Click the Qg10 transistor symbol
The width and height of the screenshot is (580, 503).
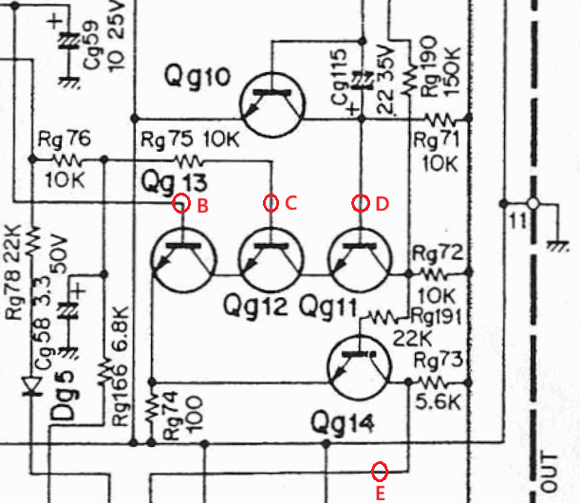point(272,105)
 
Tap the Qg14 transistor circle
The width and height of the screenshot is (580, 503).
point(359,367)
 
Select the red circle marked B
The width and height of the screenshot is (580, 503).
point(181,203)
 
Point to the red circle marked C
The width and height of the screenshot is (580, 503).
point(271,203)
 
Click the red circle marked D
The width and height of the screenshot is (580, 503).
point(361,203)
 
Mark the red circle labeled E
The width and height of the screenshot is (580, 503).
point(380,472)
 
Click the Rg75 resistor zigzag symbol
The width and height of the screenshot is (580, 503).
point(189,161)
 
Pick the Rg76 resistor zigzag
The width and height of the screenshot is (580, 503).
point(68,159)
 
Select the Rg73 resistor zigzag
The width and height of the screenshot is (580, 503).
point(437,382)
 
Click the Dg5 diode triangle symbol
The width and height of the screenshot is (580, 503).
point(32,385)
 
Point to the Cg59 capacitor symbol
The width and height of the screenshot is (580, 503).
point(68,41)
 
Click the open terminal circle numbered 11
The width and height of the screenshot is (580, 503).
point(533,203)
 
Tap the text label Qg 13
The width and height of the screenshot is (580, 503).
point(174,182)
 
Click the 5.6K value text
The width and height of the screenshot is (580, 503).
point(438,401)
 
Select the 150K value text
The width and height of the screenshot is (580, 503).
point(453,72)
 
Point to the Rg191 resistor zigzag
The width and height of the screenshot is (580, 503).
point(385,317)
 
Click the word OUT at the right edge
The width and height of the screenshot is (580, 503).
point(551,472)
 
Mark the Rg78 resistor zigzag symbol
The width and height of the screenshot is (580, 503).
point(32,241)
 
